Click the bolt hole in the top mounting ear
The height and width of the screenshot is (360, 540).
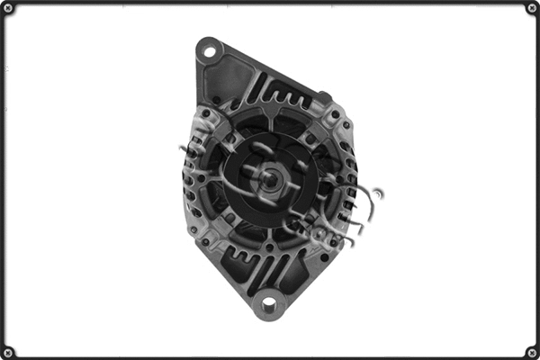click(x=209, y=49)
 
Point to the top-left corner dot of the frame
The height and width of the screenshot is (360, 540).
click(x=8, y=8)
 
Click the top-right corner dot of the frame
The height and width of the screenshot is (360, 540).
click(x=531, y=8)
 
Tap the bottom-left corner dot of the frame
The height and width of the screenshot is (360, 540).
click(x=8, y=351)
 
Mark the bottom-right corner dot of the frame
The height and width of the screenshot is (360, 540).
click(x=531, y=351)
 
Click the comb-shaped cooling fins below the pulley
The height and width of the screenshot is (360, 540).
click(x=270, y=265)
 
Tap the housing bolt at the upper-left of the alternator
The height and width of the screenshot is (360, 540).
click(x=206, y=113)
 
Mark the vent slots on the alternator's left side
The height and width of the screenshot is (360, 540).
click(x=192, y=180)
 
